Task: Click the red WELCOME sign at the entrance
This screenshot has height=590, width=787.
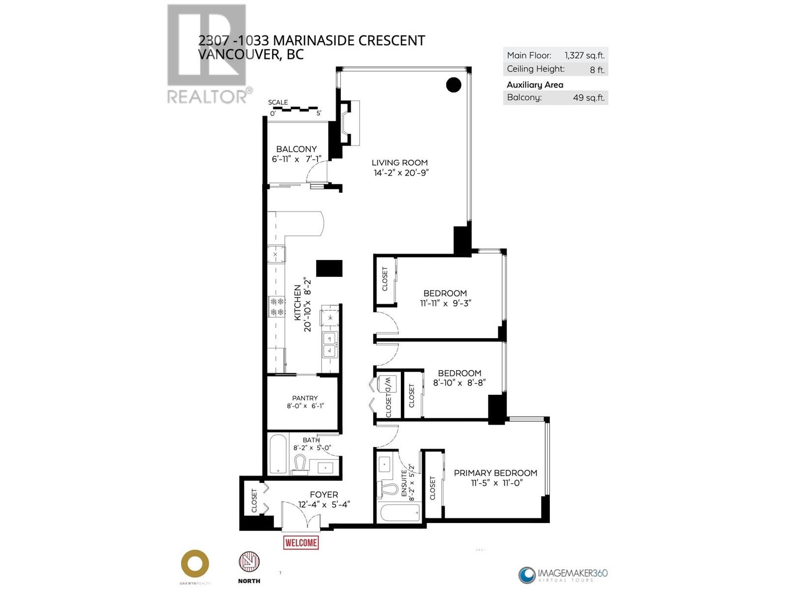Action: click(301, 542)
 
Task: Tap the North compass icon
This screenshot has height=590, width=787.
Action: click(249, 561)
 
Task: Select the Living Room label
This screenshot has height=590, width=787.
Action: click(399, 162)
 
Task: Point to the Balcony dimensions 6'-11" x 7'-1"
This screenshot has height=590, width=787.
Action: click(296, 159)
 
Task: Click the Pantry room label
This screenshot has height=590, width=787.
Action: click(304, 398)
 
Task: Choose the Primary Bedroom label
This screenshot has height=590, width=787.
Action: click(495, 472)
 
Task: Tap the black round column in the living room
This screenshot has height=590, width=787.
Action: click(454, 85)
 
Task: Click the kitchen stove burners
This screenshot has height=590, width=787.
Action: click(277, 306)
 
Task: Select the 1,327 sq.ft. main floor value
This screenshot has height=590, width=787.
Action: click(584, 56)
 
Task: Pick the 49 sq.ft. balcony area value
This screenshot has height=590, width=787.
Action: click(588, 97)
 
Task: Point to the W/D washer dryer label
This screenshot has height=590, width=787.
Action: click(387, 384)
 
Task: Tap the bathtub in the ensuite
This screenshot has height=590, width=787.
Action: click(400, 512)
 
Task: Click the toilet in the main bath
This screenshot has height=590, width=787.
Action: click(300, 465)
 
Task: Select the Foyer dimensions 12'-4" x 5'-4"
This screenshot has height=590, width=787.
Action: click(324, 504)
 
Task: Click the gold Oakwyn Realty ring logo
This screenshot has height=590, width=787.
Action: click(195, 563)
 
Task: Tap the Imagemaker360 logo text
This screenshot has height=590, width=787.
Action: click(573, 573)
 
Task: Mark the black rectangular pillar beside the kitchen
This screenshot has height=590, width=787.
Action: click(329, 268)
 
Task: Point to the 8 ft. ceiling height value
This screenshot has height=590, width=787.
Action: click(597, 70)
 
